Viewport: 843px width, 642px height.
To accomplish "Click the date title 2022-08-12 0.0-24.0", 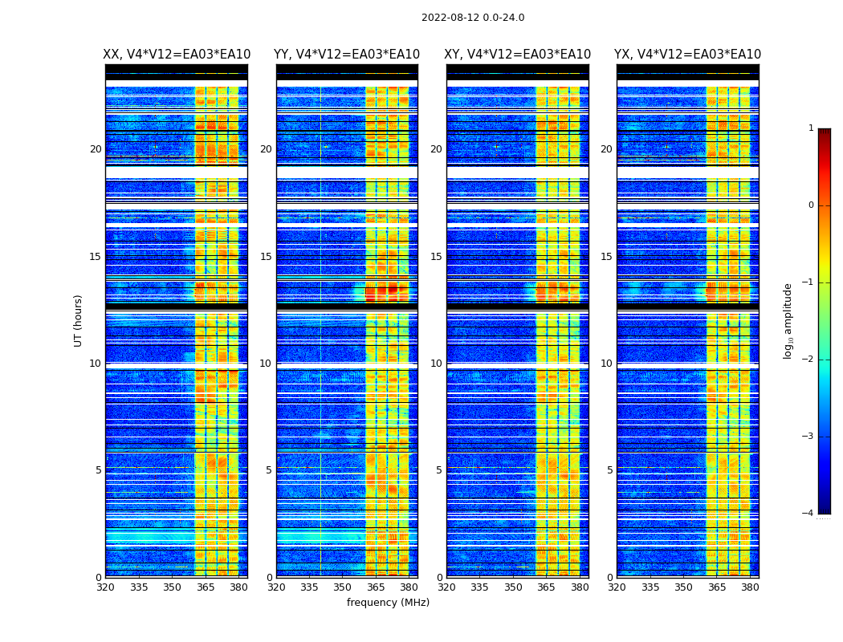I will click(473, 18).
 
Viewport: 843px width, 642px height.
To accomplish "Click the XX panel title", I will click(177, 55).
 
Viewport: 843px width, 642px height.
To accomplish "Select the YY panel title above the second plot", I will click(347, 55).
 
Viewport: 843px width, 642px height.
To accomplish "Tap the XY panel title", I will click(518, 55).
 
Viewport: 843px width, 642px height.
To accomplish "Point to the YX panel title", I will click(687, 55).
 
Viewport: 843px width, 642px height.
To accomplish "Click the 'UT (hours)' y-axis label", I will click(79, 320).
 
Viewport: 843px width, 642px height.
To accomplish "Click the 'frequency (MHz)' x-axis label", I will click(388, 603).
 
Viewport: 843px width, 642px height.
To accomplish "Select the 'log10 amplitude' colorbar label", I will click(788, 320).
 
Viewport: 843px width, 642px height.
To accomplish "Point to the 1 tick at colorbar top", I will click(811, 128).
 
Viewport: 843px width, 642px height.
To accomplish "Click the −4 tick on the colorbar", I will click(808, 514).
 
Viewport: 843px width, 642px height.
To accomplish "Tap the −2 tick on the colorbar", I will click(808, 360).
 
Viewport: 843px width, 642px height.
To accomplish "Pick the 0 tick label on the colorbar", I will click(811, 205).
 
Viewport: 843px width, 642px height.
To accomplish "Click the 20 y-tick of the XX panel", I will click(96, 149).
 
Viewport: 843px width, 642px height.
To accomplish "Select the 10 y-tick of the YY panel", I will click(266, 364).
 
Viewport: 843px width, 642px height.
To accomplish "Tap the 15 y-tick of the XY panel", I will click(436, 257).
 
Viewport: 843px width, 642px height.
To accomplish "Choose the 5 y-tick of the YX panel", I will click(609, 470).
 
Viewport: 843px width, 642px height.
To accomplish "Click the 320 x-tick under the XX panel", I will click(105, 587).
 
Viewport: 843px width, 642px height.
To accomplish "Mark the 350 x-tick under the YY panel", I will click(343, 587).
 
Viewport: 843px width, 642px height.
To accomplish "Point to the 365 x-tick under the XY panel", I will click(546, 587).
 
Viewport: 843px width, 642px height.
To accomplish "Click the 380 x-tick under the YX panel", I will click(750, 587).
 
